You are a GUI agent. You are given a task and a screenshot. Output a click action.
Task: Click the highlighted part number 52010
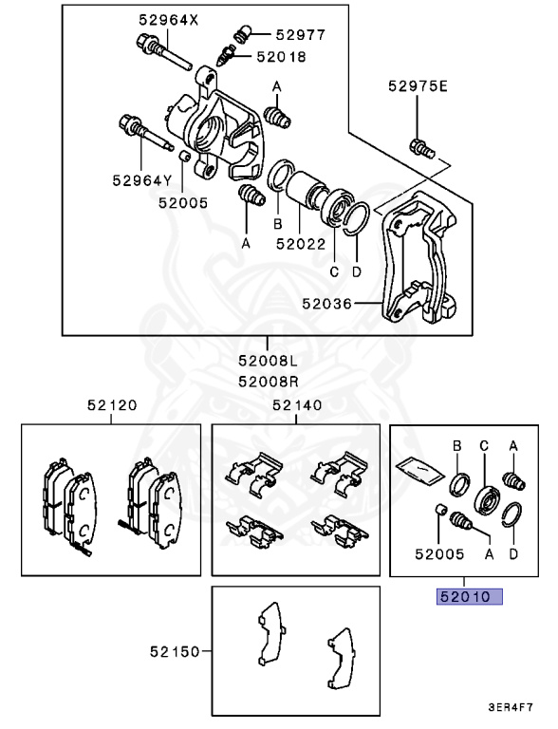[468, 597]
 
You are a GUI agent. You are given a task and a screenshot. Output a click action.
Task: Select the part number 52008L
[268, 362]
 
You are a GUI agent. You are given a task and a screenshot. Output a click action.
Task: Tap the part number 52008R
[268, 382]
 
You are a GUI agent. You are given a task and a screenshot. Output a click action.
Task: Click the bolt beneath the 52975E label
[420, 146]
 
